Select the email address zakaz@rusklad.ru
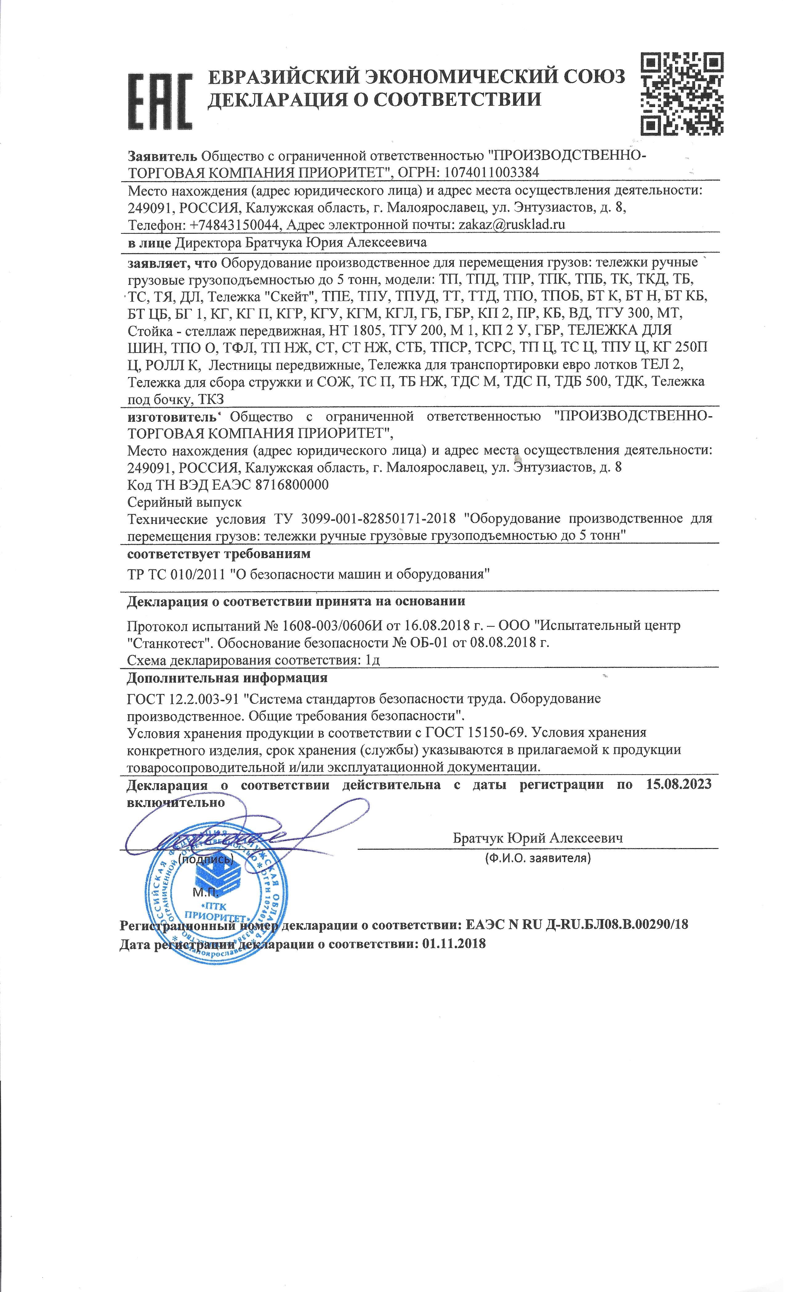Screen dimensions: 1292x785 point(512,225)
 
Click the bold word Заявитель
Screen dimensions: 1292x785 point(163,155)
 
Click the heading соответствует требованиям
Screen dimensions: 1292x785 point(219,553)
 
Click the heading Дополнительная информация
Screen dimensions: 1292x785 point(227,677)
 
